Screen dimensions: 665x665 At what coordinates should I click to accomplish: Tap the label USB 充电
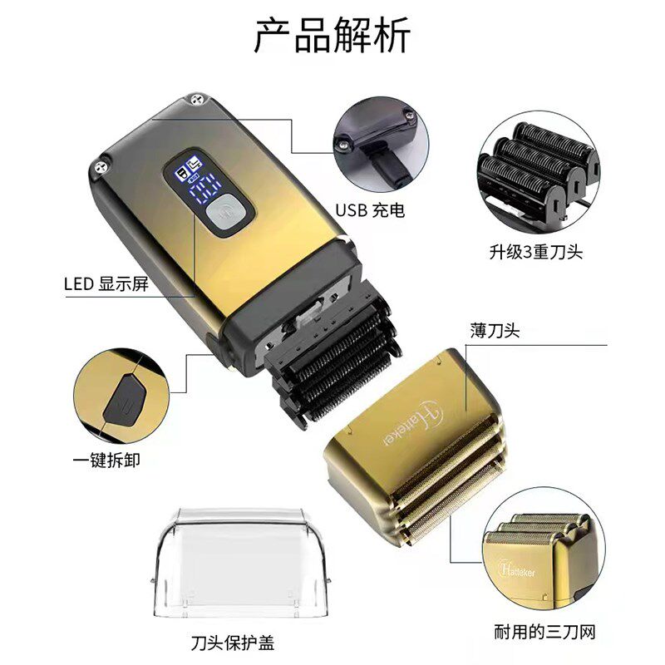pyautogui.click(x=371, y=210)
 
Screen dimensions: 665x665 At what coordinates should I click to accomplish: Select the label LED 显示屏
pyautogui.click(x=106, y=283)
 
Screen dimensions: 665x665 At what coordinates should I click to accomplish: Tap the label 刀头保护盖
pyautogui.click(x=232, y=642)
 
